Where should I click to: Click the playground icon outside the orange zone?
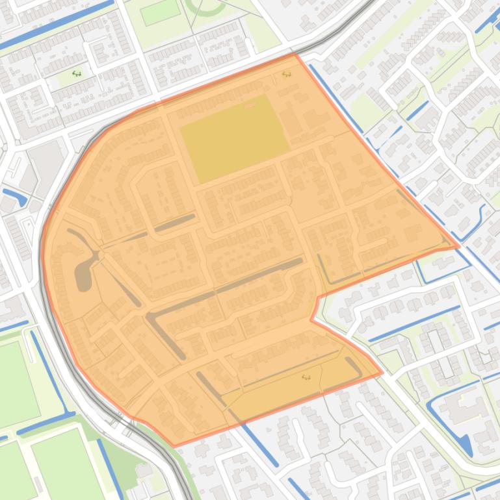point(76,73)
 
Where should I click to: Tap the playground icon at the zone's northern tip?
point(286,75)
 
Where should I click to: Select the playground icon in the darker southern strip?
point(306,377)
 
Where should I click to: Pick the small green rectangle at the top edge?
point(160,12)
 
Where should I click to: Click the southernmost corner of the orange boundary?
point(174,445)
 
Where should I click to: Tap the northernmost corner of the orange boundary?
point(296,53)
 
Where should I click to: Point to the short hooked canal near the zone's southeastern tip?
point(354,366)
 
